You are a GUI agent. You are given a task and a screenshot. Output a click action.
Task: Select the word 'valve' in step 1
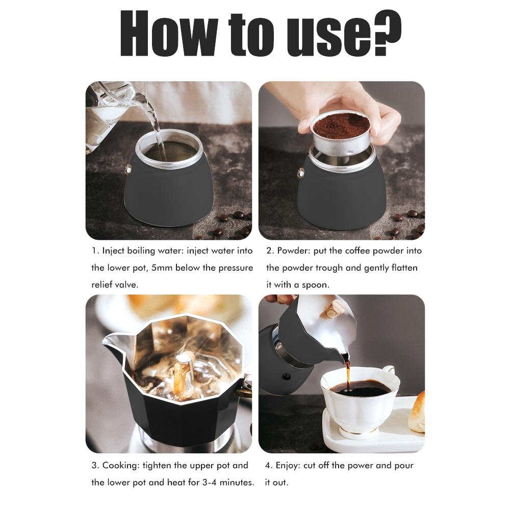[125, 285]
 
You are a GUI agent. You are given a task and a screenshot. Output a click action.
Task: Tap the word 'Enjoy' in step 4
[289, 465]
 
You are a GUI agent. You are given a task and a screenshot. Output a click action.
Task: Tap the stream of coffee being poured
[348, 375]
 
